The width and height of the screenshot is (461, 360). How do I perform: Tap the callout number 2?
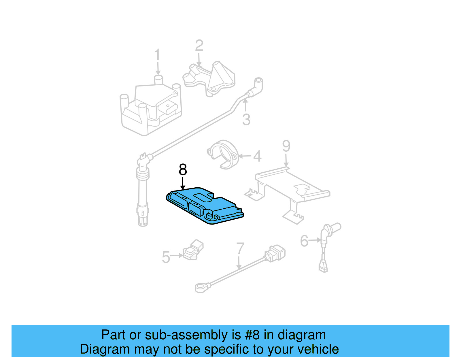[199, 46]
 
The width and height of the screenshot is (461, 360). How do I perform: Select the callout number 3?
[246, 119]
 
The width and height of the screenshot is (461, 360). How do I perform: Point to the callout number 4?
[257, 156]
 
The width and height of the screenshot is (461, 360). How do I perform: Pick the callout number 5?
[166, 257]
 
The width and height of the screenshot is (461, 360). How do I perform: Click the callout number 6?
[304, 241]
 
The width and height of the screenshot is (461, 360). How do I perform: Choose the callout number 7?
[240, 248]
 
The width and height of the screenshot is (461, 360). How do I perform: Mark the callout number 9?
[286, 146]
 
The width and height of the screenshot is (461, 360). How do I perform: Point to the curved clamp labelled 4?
[223, 154]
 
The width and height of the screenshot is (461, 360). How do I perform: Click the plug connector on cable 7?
[275, 253]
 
